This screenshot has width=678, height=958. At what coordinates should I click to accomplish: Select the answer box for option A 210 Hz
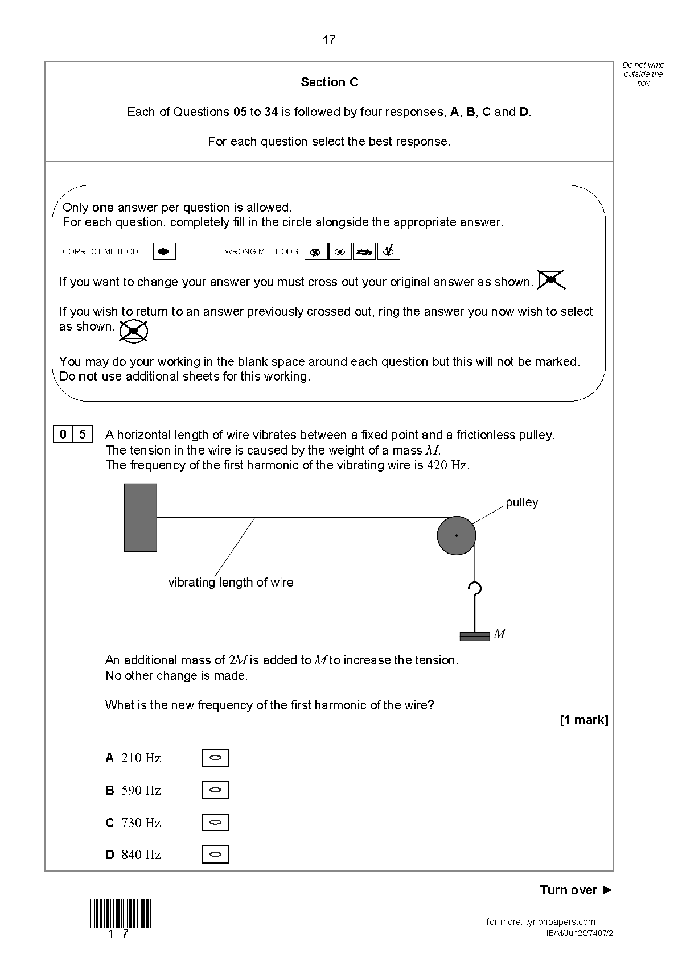[215, 758]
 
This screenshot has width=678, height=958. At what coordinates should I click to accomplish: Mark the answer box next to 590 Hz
[215, 790]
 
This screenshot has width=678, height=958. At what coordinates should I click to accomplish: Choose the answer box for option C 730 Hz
[215, 823]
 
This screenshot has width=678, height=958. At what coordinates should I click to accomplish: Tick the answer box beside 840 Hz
[215, 854]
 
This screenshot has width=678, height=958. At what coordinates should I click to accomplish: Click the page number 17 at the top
[329, 40]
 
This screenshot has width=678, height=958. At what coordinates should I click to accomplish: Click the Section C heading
[329, 82]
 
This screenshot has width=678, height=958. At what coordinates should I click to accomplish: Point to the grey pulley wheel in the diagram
[457, 535]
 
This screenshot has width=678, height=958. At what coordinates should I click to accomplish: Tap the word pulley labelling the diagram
[521, 503]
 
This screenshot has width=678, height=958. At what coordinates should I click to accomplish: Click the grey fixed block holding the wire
[141, 517]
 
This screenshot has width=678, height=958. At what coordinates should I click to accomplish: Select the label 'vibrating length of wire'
[231, 583]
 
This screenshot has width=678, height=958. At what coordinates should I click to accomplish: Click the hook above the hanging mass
[474, 590]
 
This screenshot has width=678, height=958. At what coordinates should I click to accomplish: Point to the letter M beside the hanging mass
[500, 634]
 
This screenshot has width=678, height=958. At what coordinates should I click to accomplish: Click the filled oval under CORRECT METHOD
[164, 251]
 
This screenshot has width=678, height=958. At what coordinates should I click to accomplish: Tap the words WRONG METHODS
[261, 251]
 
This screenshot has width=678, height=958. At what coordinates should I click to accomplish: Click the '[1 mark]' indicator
[584, 720]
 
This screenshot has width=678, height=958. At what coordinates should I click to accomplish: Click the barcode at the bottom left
[121, 913]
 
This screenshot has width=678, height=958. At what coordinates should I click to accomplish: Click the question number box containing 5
[83, 435]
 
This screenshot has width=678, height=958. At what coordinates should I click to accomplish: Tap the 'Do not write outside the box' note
[643, 74]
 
